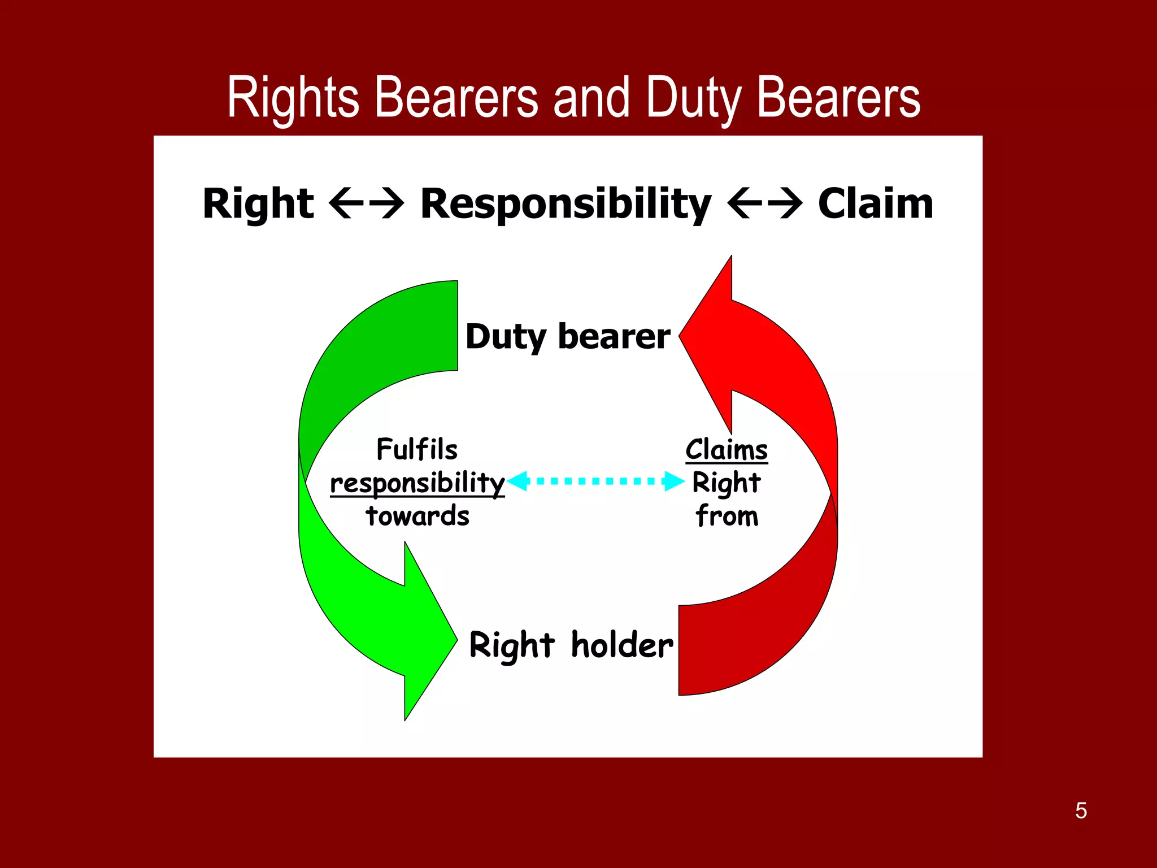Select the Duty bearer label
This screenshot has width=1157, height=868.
pyautogui.click(x=568, y=337)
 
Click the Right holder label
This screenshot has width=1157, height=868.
pyautogui.click(x=571, y=645)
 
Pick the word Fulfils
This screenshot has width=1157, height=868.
pyautogui.click(x=417, y=450)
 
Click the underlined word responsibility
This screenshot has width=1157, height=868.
pyautogui.click(x=417, y=483)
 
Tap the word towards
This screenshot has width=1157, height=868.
pyautogui.click(x=417, y=516)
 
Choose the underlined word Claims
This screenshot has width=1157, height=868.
pyautogui.click(x=727, y=450)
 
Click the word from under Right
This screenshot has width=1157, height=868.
pyautogui.click(x=727, y=516)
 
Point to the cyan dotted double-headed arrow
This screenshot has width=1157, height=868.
pyautogui.click(x=595, y=481)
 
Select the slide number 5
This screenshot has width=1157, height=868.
pyautogui.click(x=1081, y=810)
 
